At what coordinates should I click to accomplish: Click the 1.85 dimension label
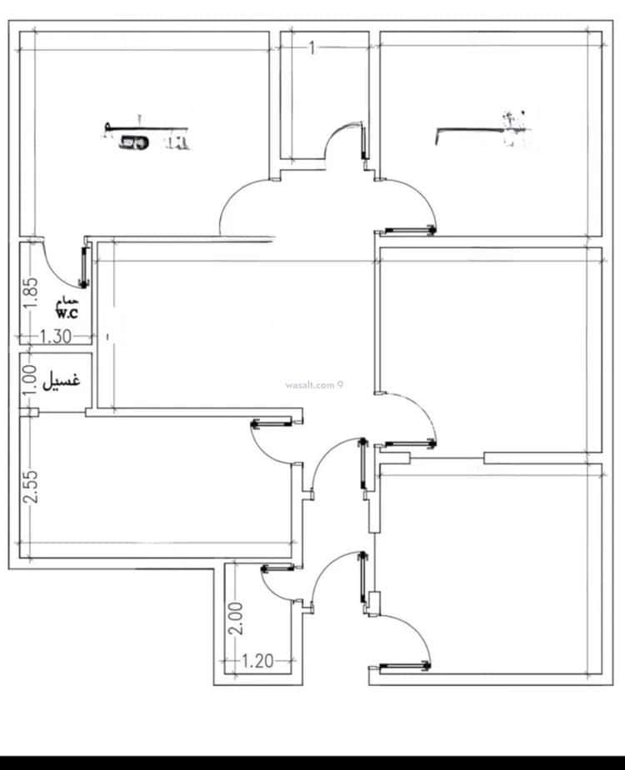pos(30,293)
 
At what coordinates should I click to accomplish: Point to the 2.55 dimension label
pos(30,487)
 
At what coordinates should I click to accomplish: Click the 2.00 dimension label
pos(236,619)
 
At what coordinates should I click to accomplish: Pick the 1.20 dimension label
pos(257,662)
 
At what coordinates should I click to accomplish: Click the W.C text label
pos(67,313)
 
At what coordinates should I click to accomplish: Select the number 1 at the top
pos(312,48)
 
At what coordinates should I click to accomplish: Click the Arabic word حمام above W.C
pos(67,301)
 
